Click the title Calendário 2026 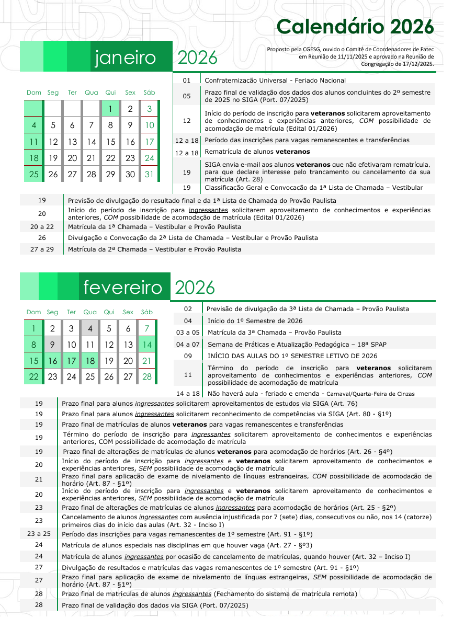[355, 26]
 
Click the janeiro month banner [126, 58]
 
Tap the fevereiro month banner [123, 287]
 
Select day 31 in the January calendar [149, 174]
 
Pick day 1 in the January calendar [110, 109]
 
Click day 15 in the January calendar [110, 142]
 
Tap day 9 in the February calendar [52, 345]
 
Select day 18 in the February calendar [90, 361]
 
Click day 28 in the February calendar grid [146, 376]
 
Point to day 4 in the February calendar [90, 329]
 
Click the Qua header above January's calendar [91, 93]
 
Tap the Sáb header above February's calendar [146, 312]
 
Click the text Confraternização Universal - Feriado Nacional [275, 81]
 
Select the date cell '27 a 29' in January [42, 249]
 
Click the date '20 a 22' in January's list [42, 227]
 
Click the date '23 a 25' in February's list [39, 534]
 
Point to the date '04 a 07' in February [188, 344]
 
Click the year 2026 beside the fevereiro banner [195, 287]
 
